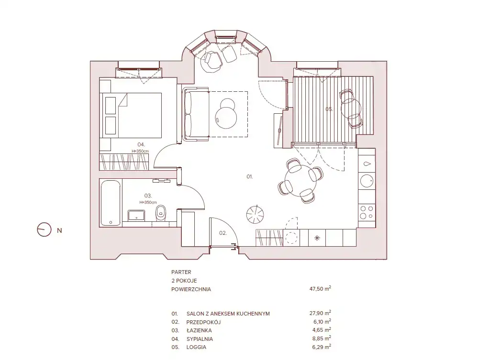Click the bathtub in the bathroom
click(x=111, y=203)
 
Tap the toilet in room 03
click(x=160, y=213)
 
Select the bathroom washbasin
click(x=136, y=215)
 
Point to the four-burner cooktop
click(x=367, y=212)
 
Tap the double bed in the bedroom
click(x=131, y=115)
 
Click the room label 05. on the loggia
click(x=329, y=109)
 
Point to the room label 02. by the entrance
click(x=223, y=233)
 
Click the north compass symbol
click(x=44, y=229)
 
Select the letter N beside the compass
click(x=59, y=230)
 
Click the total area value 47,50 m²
click(x=320, y=288)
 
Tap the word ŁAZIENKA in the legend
click(x=199, y=330)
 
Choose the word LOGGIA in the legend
click(x=196, y=347)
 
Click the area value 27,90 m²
click(x=320, y=313)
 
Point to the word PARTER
click(x=181, y=272)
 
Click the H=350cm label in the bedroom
click(x=140, y=151)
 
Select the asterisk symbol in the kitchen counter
click(x=317, y=238)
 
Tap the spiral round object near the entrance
click(x=255, y=214)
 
